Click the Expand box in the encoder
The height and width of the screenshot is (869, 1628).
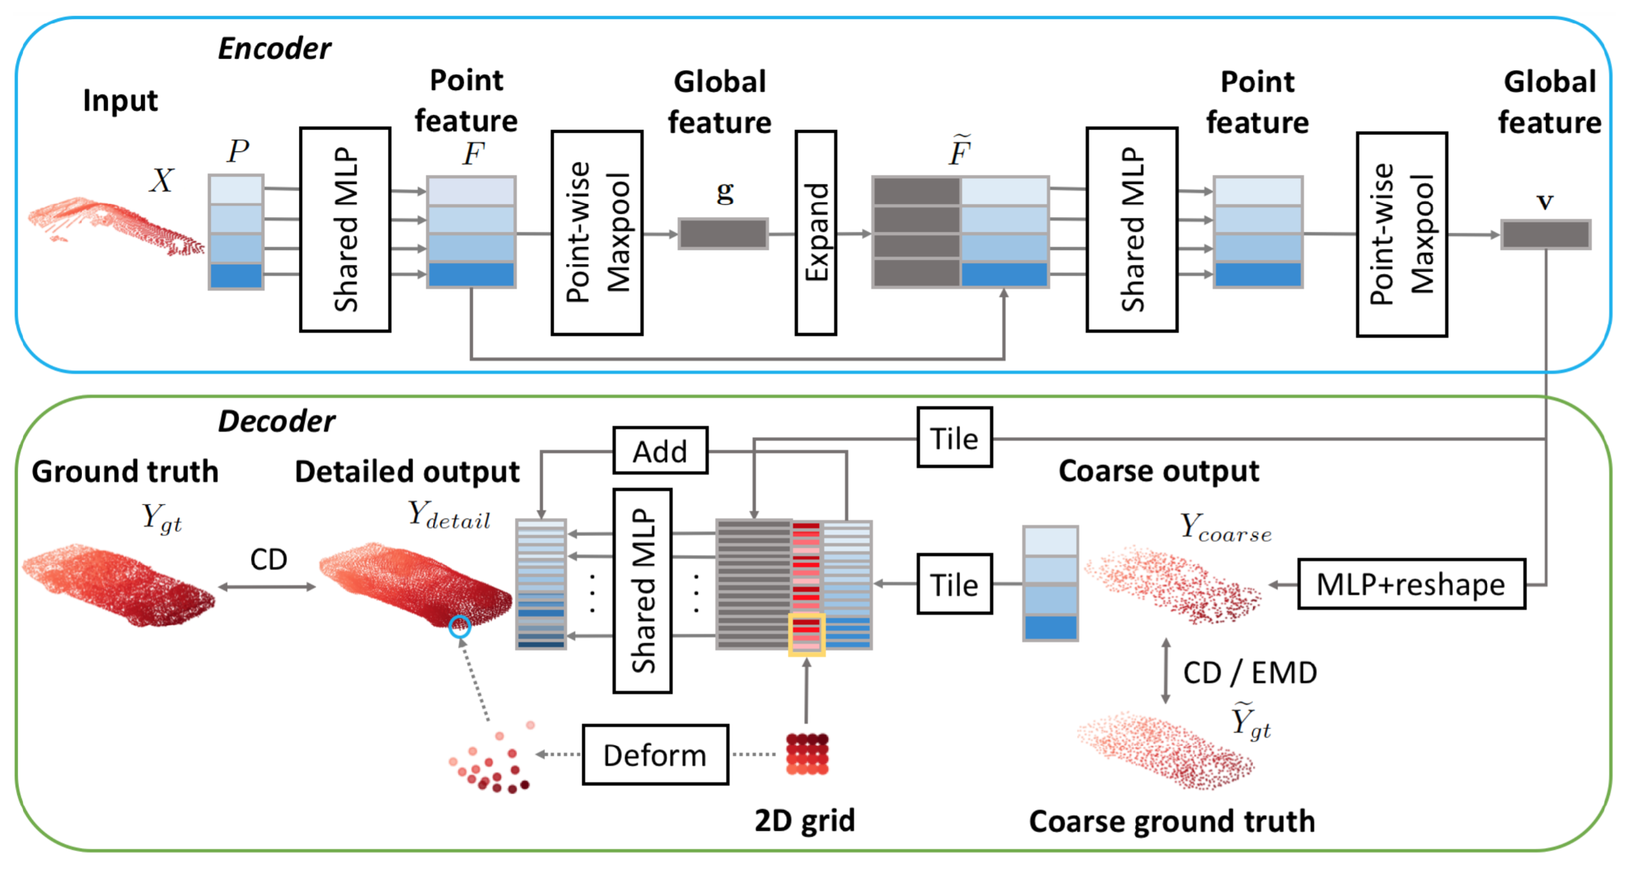point(815,233)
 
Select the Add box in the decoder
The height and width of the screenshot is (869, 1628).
point(660,450)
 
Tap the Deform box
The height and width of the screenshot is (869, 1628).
point(655,754)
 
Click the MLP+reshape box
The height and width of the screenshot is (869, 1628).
point(1410,584)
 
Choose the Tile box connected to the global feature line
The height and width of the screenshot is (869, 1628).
point(954,437)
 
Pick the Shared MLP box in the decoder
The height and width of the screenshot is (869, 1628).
point(642,590)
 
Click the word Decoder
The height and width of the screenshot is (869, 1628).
point(276,421)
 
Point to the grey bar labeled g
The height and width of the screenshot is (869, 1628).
point(723,234)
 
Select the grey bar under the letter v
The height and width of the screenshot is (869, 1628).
point(1545,234)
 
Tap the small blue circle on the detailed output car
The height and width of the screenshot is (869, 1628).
point(460,627)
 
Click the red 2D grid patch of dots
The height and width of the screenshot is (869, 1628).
point(807,753)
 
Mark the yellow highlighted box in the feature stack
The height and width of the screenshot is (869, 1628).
point(806,634)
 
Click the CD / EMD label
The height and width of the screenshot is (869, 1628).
point(1250,673)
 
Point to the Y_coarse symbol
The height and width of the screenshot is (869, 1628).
point(1225,528)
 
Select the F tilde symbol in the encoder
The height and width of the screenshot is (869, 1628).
point(959,150)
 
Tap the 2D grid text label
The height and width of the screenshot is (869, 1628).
point(804,820)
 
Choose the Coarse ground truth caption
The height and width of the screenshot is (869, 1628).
point(1172,821)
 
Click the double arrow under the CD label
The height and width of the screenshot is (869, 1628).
point(267,587)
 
